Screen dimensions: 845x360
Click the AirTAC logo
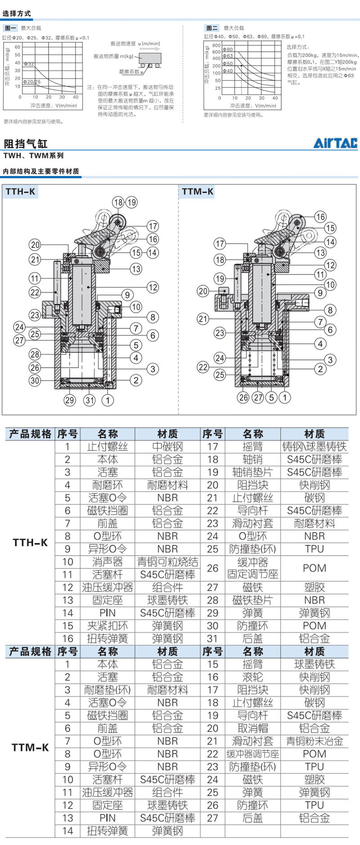335,143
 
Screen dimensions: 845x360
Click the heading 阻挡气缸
25,144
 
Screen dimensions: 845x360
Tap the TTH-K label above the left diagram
20,192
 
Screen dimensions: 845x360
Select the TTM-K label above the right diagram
198,192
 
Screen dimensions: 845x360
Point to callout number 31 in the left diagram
90,400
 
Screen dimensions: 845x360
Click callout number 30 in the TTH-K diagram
35,380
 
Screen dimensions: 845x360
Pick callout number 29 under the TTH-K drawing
69,400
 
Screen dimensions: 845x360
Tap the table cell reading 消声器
108,562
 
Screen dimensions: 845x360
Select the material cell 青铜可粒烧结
167,562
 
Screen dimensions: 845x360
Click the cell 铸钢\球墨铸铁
314,447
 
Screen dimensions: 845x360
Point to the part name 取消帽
252,728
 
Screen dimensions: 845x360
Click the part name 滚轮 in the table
252,677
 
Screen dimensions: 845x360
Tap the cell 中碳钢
167,447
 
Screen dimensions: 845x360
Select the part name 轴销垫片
252,472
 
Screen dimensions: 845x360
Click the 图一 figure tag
11,28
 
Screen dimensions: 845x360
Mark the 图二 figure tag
211,28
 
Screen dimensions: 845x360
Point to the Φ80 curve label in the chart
229,49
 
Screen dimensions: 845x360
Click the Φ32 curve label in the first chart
29,64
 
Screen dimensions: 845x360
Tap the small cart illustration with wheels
150,60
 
